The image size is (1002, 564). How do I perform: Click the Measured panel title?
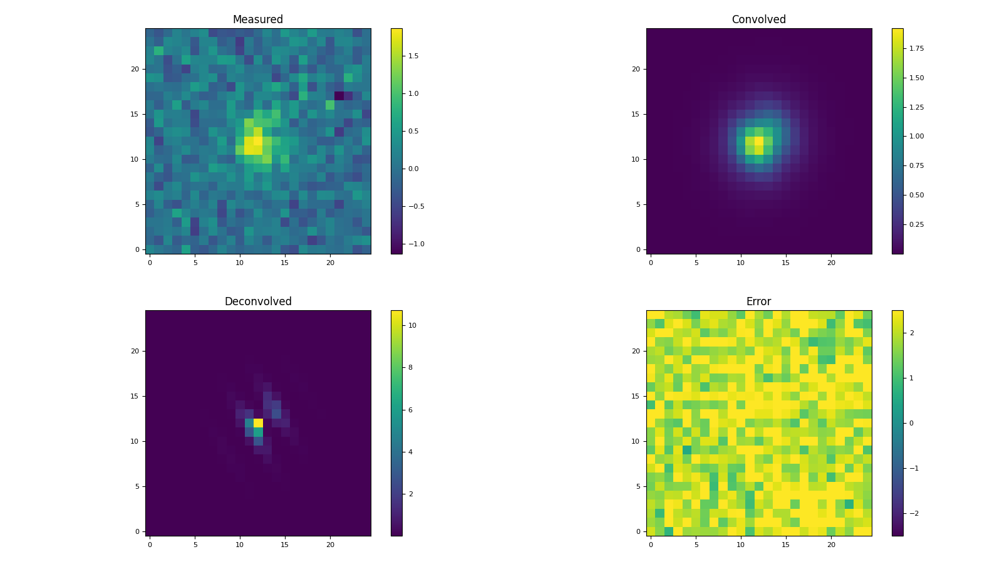coord(257,20)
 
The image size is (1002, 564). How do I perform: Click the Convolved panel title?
coord(758,20)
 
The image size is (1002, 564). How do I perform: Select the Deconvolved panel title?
coord(257,302)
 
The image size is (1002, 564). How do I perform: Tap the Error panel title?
coord(758,302)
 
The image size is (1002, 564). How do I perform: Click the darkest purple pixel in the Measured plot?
coord(339,96)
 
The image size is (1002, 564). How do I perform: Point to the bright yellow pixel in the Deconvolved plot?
coord(258,423)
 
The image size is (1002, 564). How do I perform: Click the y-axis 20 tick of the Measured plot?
coord(135,69)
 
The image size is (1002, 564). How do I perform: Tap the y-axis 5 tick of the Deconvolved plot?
coord(137,486)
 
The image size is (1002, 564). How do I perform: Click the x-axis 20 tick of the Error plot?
coord(831,545)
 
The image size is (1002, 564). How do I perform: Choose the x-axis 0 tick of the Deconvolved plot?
coord(150,545)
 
